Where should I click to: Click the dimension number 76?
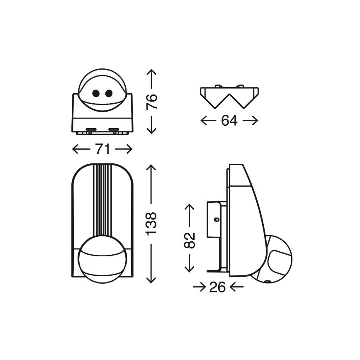click(152, 101)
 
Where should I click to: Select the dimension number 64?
click(229, 121)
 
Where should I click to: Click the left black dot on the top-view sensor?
click(96, 94)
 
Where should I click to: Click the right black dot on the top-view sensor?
click(109, 94)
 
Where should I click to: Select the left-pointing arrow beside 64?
click(207, 121)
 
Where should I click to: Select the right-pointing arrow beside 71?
click(124, 149)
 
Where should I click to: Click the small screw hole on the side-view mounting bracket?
click(216, 219)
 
